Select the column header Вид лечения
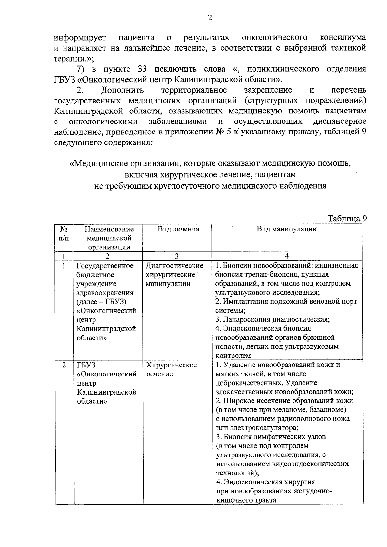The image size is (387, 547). click(x=178, y=229)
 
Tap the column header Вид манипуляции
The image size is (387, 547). click(x=287, y=229)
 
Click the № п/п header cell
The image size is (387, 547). click(x=64, y=234)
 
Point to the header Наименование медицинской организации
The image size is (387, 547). click(x=109, y=238)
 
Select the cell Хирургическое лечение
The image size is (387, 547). click(x=171, y=369)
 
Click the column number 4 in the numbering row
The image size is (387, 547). click(x=287, y=256)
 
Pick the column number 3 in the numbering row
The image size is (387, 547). click(x=177, y=256)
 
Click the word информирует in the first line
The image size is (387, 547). click(x=80, y=38)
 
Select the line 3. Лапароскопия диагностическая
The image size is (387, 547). click(x=272, y=319)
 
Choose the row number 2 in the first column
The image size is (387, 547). click(x=64, y=365)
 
